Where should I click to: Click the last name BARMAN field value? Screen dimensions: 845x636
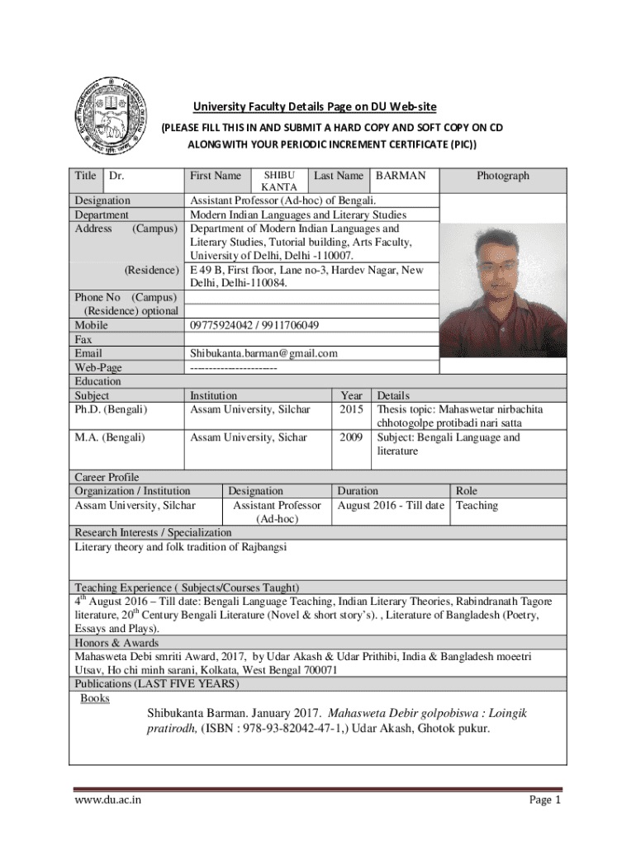pos(401,176)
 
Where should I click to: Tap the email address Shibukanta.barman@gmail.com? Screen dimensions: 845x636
pos(263,353)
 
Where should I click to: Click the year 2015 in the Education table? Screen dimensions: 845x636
pos(352,409)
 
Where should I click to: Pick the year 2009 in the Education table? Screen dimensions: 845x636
pos(352,437)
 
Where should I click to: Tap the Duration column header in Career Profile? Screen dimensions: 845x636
pos(358,491)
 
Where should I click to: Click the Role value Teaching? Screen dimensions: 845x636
pos(477,505)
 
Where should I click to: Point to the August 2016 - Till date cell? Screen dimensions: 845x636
pos(391,505)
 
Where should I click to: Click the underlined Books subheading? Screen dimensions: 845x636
pos(95,699)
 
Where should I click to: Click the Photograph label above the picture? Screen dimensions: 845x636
pos(503,176)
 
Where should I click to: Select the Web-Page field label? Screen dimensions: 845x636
pos(98,367)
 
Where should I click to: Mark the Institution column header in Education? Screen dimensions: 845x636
pos(213,395)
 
